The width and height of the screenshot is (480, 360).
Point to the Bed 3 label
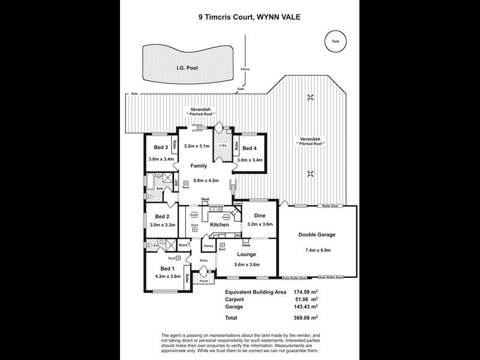click(160, 148)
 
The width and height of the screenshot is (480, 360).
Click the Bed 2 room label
click(161, 217)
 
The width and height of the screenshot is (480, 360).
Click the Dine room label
click(260, 215)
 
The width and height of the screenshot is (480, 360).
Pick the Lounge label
click(246, 254)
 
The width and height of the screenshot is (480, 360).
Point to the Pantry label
click(209, 246)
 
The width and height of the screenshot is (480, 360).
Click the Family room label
click(199, 166)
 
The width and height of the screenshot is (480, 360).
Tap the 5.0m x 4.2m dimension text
click(199, 180)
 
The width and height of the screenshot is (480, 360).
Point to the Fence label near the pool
click(244, 68)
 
